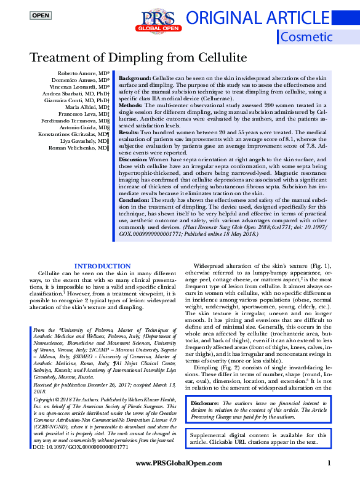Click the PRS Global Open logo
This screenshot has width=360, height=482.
coord(159,22)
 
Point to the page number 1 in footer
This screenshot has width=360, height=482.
coord(329,463)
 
